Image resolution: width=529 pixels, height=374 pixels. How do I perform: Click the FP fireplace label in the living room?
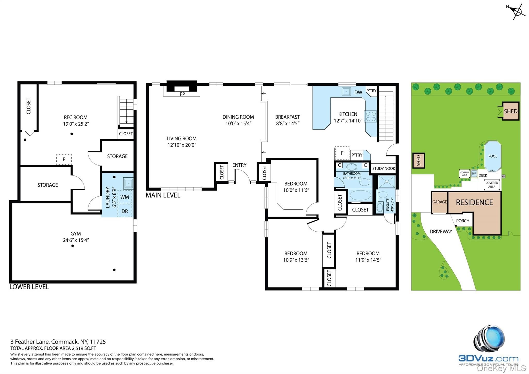pos(182,94)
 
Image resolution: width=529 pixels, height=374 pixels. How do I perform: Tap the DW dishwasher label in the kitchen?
pos(358,92)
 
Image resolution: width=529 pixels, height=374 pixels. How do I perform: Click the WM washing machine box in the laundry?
pos(125,197)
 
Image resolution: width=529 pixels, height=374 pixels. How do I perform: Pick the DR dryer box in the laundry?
pos(125,211)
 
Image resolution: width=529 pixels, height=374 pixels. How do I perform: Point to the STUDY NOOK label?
pos(384,169)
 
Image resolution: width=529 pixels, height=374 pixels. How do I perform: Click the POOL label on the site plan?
pos(493,156)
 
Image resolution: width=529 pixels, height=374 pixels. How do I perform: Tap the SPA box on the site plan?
pos(474,174)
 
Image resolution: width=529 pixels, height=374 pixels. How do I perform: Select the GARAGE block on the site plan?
pos(439,202)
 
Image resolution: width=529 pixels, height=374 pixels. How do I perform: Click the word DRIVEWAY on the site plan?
pos(441,232)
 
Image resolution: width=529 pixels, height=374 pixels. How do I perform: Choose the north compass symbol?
pos(517,11)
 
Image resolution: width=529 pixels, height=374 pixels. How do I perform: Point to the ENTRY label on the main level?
pos(239,165)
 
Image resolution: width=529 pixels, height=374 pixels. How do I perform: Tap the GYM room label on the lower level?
pos(76,233)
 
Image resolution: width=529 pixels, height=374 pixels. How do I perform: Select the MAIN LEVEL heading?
pos(163,195)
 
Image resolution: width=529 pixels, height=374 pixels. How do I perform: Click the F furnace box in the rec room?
pos(64,159)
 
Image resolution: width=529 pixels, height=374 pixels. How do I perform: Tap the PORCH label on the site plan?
pos(463,221)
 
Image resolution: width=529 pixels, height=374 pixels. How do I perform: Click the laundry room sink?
pos(128,183)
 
